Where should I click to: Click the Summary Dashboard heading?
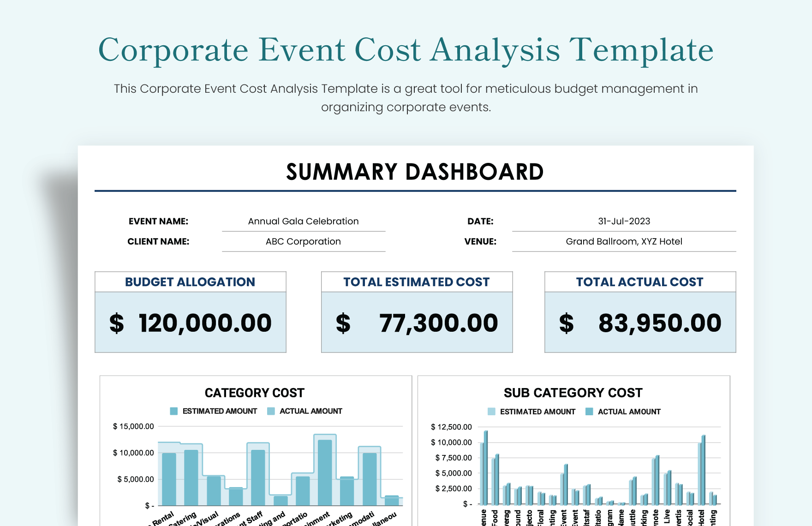(415, 172)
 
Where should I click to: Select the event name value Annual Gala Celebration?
(303, 221)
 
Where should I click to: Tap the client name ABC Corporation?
(303, 242)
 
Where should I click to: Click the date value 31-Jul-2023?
(624, 221)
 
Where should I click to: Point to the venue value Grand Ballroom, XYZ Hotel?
(624, 242)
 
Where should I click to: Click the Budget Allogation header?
(190, 282)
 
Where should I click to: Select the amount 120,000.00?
(205, 323)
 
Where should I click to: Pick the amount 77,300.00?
(438, 323)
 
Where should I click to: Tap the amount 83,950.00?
(660, 323)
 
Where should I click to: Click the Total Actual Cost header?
(639, 282)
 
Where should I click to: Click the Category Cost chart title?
(255, 393)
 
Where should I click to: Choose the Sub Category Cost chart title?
(573, 393)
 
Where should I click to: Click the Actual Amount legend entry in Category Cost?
(310, 411)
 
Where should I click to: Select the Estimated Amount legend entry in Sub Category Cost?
(537, 412)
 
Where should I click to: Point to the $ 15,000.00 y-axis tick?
(133, 426)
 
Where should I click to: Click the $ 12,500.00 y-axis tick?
(451, 427)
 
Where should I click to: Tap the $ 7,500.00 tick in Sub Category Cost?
(454, 458)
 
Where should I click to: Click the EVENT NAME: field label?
(158, 221)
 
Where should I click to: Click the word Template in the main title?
(641, 50)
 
